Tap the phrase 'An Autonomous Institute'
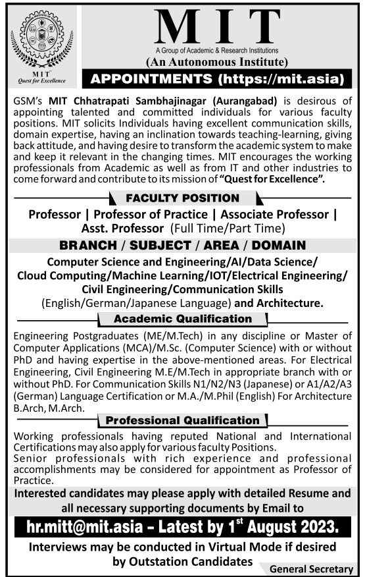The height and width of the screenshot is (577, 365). tap(216, 62)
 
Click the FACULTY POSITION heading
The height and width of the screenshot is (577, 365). tap(183, 198)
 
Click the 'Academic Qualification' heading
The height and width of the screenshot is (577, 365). tap(182, 319)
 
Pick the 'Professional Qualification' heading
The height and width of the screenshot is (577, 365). tap(182, 420)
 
